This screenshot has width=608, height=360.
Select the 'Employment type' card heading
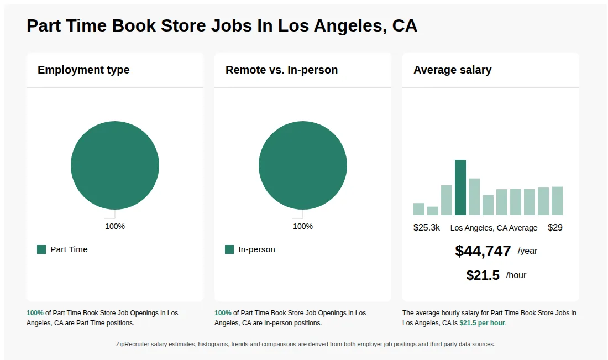[x=83, y=70]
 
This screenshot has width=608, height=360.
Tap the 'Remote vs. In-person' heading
[x=281, y=70]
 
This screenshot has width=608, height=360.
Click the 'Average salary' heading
[x=452, y=70]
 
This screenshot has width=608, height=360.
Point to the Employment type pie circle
[x=115, y=165]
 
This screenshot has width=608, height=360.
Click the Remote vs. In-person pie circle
[x=303, y=165]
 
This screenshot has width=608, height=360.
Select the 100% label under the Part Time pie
[x=115, y=226]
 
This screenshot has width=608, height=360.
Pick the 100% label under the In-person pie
[x=303, y=226]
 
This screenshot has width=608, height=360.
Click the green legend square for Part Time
[x=41, y=249]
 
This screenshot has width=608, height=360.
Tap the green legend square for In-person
[x=229, y=249]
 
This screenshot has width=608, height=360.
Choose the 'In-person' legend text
[x=256, y=249]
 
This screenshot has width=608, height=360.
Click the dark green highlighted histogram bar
[x=460, y=187]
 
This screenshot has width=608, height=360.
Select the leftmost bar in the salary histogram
[x=419, y=209]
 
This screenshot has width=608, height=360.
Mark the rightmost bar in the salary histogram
[x=557, y=201]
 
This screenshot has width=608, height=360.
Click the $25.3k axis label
[x=427, y=228]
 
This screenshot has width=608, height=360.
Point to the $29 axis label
[x=555, y=228]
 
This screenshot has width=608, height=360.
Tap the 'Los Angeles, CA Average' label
[x=494, y=228]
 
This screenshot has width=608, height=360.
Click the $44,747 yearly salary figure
[x=483, y=251]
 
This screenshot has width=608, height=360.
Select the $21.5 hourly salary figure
[x=483, y=275]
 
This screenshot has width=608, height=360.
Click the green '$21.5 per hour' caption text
[x=482, y=323]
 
